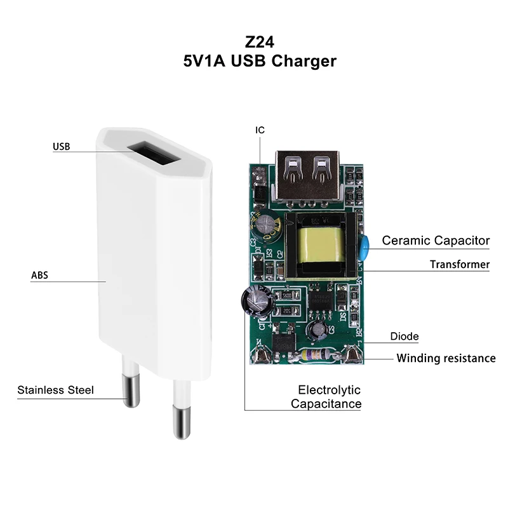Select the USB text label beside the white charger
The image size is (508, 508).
(x=61, y=147)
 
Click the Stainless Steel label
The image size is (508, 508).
(x=55, y=390)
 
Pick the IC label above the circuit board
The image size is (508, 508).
(x=260, y=130)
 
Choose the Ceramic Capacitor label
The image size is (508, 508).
(x=436, y=241)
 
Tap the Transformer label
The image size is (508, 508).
(x=459, y=264)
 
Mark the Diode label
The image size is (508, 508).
(x=404, y=337)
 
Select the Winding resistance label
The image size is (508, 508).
(x=446, y=358)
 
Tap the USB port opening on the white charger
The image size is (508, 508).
(x=156, y=154)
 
